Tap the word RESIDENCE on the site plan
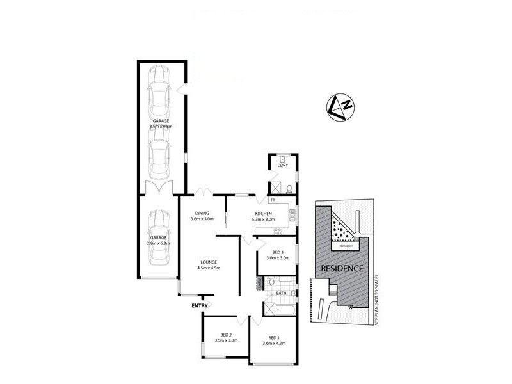[342, 268]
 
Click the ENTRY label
[200, 305]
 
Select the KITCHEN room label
[264, 214]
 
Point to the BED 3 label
[277, 253]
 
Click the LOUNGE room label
[209, 262]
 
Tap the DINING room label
[202, 214]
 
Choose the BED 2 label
[226, 335]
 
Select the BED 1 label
[274, 338]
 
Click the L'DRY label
[281, 166]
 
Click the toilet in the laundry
[289, 188]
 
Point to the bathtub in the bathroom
[284, 310]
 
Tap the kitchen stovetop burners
[292, 215]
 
